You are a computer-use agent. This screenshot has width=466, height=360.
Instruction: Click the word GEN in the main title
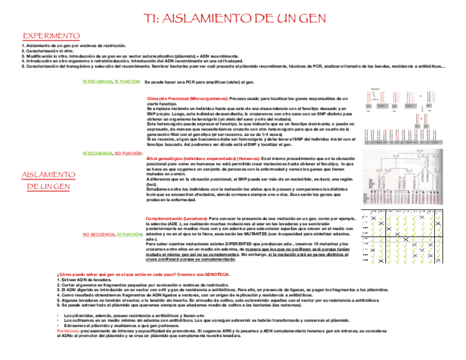(312, 19)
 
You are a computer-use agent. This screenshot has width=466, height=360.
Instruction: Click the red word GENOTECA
(215, 274)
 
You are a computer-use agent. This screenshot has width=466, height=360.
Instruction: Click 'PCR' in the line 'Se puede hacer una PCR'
(190, 82)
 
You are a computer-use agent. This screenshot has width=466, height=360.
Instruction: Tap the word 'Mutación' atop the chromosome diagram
(375, 88)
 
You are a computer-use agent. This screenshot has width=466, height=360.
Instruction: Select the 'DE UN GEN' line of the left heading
(48, 187)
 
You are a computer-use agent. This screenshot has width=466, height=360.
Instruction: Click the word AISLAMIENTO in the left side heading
(48, 175)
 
